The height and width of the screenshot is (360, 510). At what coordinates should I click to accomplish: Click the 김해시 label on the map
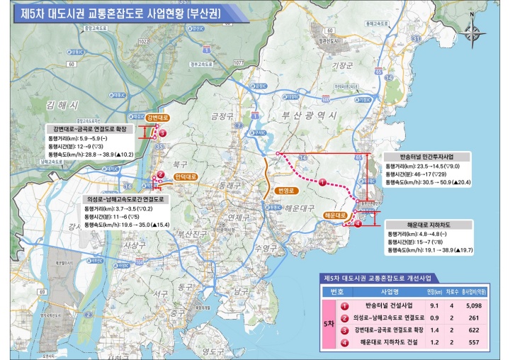[60, 104]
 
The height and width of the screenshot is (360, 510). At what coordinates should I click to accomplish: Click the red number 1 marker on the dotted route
[322, 182]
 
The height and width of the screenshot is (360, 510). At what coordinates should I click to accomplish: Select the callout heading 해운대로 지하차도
[418, 224]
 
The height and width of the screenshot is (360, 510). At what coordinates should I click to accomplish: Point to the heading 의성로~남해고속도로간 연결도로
[122, 201]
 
